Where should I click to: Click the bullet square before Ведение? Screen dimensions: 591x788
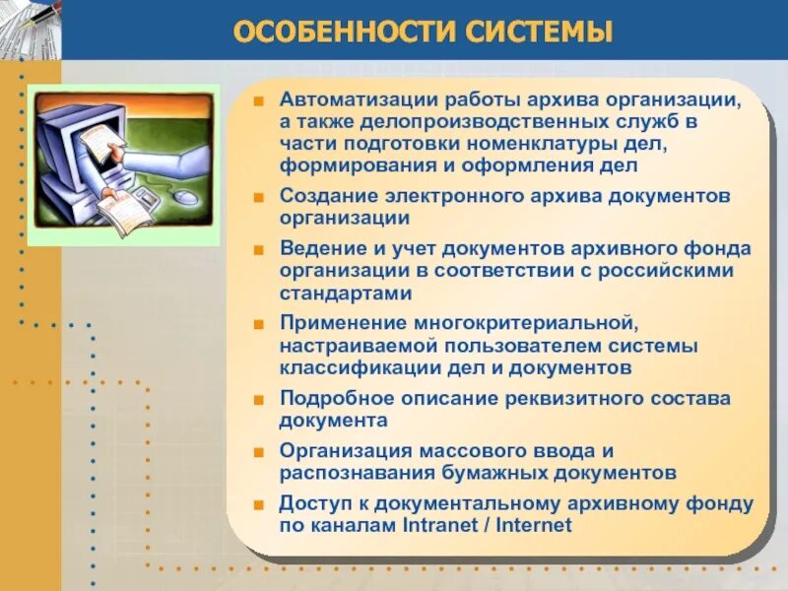[258, 249]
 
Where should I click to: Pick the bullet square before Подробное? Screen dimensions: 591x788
[258, 399]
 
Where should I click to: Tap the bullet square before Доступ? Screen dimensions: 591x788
[258, 504]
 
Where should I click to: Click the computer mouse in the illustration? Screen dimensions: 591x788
[184, 196]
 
